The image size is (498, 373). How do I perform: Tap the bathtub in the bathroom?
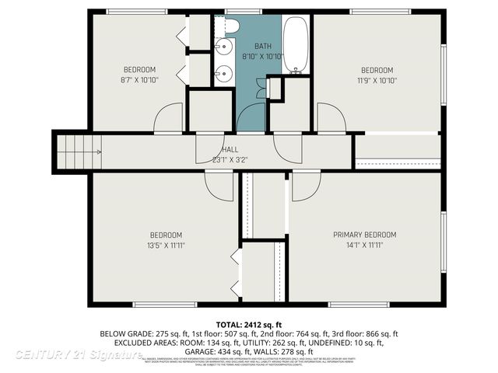pyautogui.click(x=296, y=45)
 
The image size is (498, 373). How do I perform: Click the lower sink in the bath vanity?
pyautogui.click(x=223, y=74)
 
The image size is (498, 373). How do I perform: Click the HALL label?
pyautogui.click(x=230, y=149)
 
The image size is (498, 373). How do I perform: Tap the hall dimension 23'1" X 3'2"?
pyautogui.click(x=230, y=160)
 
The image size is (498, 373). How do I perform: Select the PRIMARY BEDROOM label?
pyautogui.click(x=365, y=235)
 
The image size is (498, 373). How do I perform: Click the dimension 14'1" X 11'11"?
pyautogui.click(x=365, y=246)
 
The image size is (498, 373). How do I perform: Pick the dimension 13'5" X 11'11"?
pyautogui.click(x=166, y=246)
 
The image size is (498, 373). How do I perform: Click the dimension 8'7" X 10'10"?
pyautogui.click(x=140, y=79)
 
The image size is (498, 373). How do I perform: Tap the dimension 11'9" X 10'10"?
pyautogui.click(x=377, y=79)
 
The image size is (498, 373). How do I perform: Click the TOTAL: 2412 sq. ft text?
pyautogui.click(x=249, y=323)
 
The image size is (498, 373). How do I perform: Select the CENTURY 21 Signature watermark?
pyautogui.click(x=78, y=354)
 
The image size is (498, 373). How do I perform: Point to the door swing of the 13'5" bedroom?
pyautogui.click(x=219, y=185)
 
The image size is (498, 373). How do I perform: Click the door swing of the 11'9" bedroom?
pyautogui.click(x=331, y=120)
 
